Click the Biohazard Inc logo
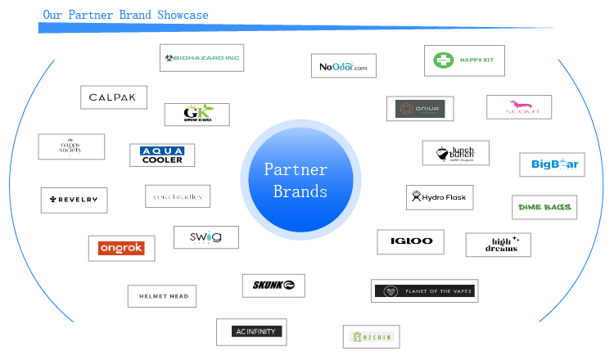(201, 58)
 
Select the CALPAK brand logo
(114, 97)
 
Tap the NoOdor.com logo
(344, 65)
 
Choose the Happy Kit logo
(464, 61)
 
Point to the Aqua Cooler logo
(162, 155)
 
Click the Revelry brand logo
(74, 200)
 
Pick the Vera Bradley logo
(178, 196)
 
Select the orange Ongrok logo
(121, 248)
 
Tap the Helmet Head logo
(162, 296)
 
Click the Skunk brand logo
(273, 286)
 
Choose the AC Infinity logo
(251, 331)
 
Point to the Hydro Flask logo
(440, 197)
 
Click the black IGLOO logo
(411, 242)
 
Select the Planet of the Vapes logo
(425, 290)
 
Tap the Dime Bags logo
(544, 208)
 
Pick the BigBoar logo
(553, 164)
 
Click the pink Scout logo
(519, 107)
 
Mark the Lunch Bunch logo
(456, 153)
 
